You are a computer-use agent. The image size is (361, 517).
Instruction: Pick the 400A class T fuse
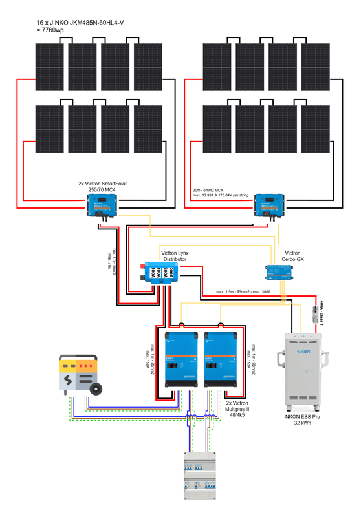tap(316, 315)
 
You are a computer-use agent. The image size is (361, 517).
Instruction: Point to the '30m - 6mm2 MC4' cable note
tap(210, 190)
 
